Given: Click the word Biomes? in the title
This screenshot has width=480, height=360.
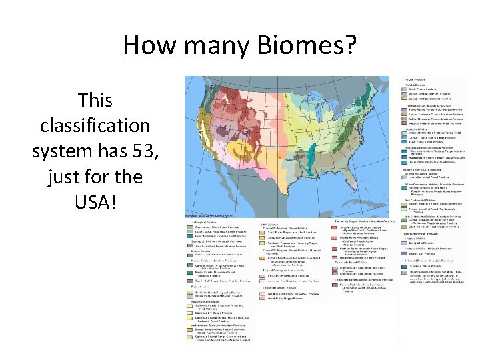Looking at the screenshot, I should pyautogui.click(x=314, y=45).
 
